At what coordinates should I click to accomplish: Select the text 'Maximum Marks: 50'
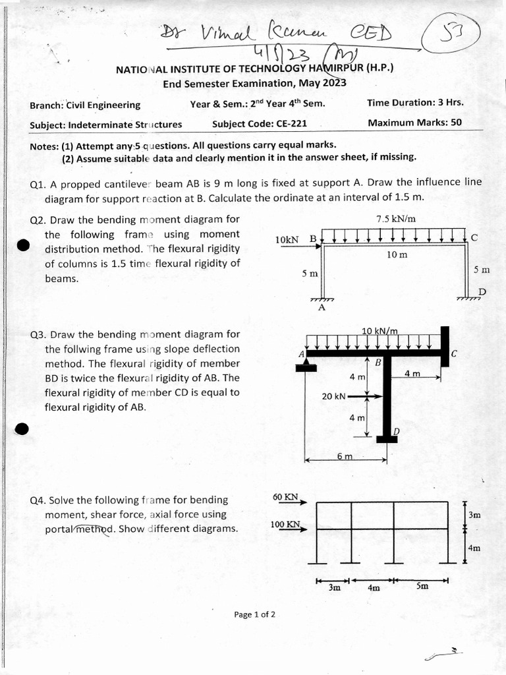(x=414, y=123)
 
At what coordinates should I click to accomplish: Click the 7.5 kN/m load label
(x=395, y=219)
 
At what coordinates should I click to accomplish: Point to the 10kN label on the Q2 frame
(x=288, y=239)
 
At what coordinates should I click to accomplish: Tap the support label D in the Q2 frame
(x=482, y=292)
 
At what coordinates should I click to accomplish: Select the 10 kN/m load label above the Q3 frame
(x=379, y=330)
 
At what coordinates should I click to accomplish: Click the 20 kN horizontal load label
(x=333, y=396)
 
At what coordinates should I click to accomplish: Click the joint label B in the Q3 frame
(x=378, y=363)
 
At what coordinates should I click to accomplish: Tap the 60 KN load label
(x=285, y=496)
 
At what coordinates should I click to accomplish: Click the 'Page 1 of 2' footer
(x=254, y=614)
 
